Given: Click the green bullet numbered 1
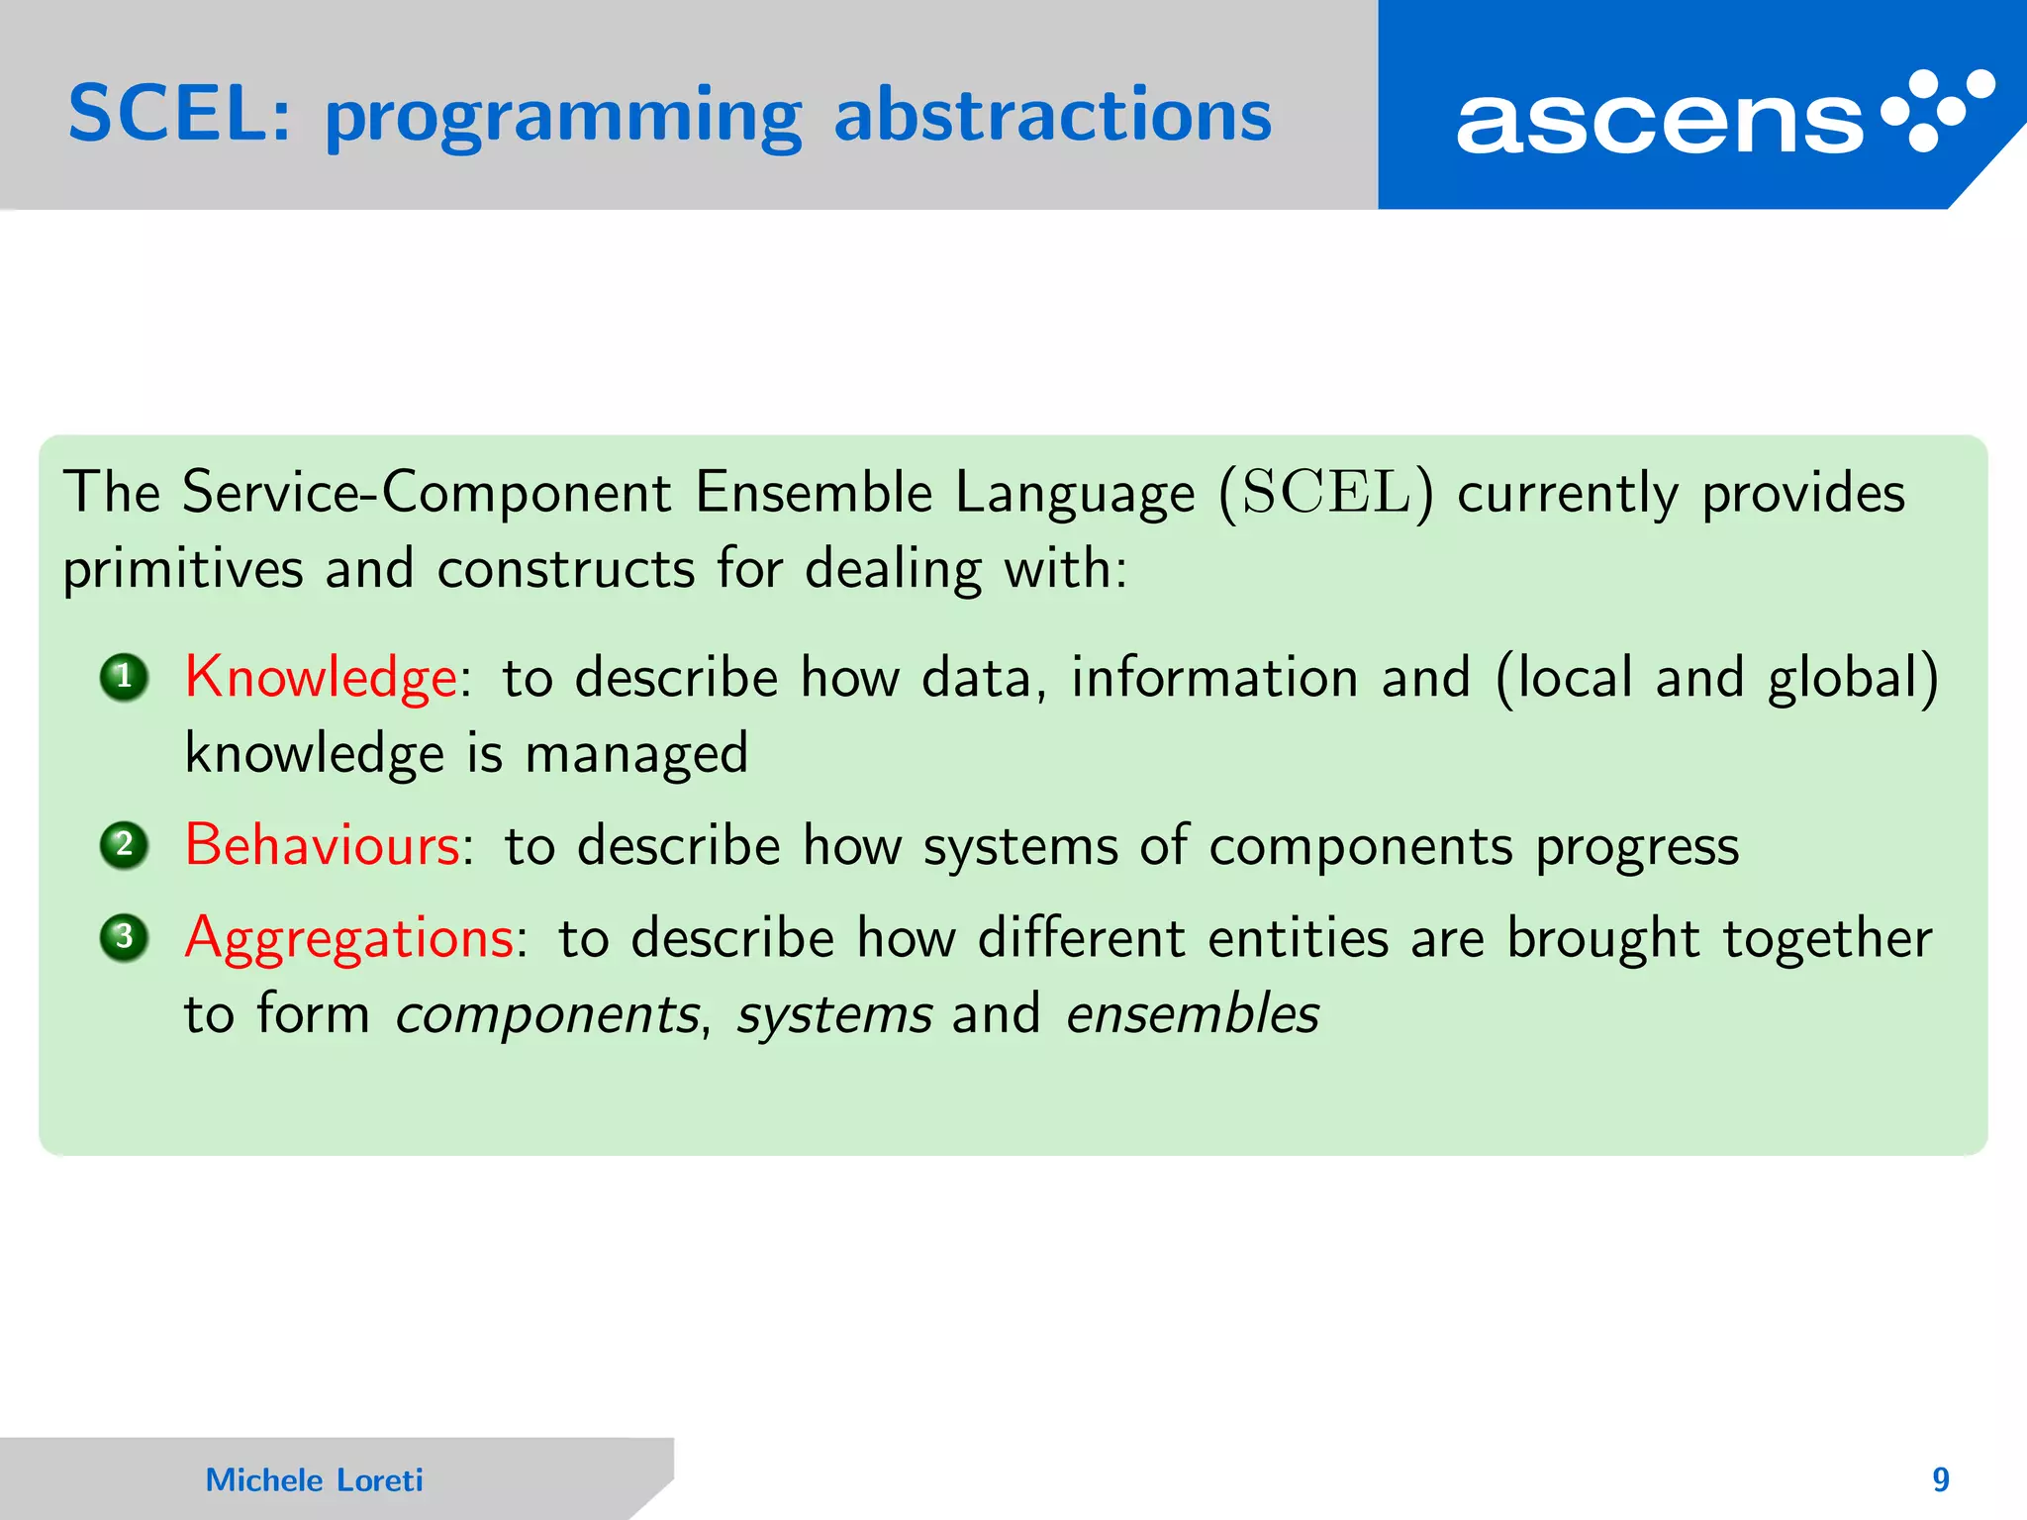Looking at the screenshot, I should (125, 678).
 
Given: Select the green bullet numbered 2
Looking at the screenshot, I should (125, 846).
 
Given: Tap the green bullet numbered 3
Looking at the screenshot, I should (125, 937).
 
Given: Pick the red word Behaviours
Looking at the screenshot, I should (323, 847).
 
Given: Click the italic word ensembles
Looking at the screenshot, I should (1193, 1015).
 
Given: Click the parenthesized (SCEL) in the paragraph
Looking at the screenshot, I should (1325, 493).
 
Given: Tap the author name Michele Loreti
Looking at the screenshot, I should (314, 1480).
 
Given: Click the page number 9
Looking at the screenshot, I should (1941, 1480).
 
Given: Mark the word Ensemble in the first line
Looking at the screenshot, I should (813, 493).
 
